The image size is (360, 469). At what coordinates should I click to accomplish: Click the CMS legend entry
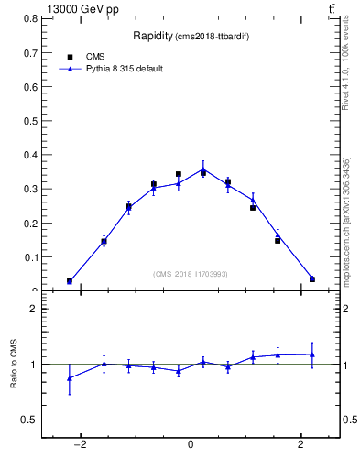93,56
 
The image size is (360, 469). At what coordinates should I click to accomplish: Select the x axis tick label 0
191,446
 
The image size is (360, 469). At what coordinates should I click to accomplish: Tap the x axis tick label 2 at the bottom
301,446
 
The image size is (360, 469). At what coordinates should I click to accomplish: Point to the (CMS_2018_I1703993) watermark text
191,274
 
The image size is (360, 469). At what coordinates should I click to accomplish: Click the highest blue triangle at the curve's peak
203,169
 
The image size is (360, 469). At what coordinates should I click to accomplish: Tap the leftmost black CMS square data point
70,280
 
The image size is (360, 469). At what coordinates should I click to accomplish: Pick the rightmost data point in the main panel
312,279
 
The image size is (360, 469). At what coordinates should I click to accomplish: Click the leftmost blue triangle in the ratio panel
70,378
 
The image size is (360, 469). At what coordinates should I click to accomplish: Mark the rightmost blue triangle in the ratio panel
312,354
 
